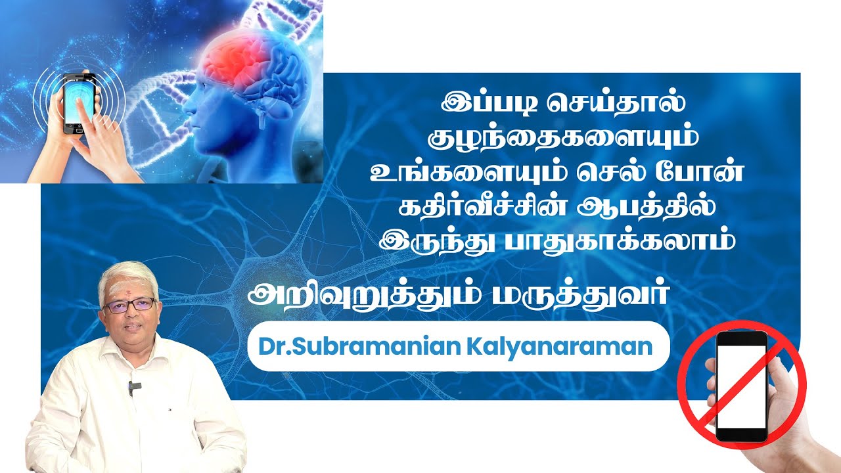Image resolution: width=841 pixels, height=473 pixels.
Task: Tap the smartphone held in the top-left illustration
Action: coord(78,102)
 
